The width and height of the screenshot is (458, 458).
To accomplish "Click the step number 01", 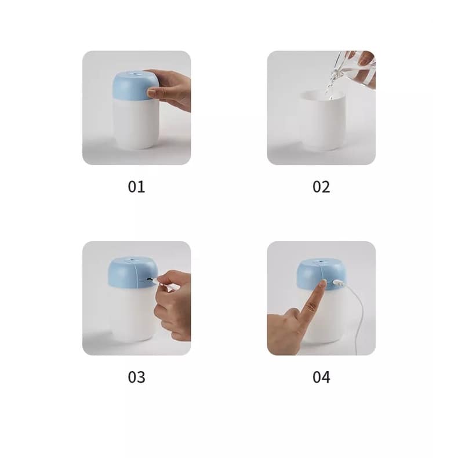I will click(136, 187).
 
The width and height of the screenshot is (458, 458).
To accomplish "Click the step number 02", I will click(321, 187).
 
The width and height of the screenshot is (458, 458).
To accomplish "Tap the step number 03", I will click(136, 377).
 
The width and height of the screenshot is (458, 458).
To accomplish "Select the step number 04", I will click(321, 377).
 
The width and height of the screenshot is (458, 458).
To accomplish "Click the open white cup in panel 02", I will click(322, 122).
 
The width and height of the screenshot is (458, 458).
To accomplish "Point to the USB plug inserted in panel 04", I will click(337, 283).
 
